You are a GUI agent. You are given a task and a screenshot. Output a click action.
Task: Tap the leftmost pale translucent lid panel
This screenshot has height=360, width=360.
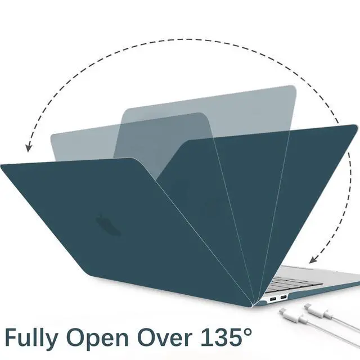pyautogui.click(x=73, y=143)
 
